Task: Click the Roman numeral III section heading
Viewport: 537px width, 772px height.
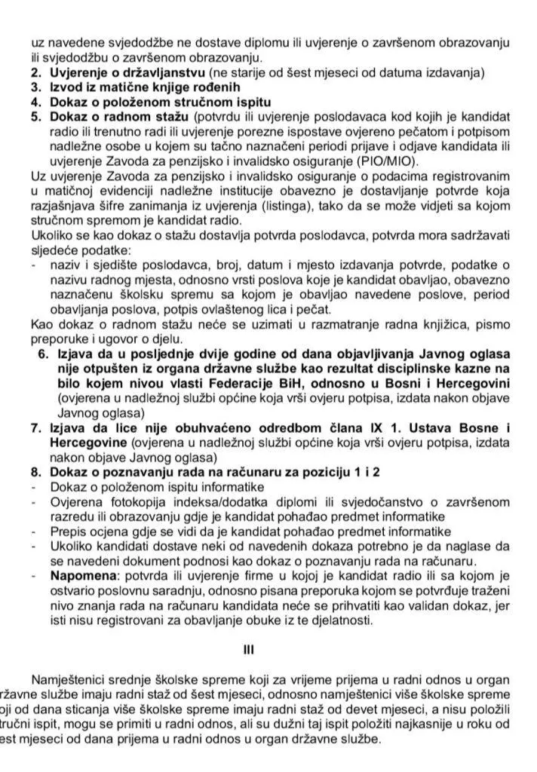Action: pos(269,648)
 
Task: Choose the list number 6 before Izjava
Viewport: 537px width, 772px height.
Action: pos(43,354)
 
